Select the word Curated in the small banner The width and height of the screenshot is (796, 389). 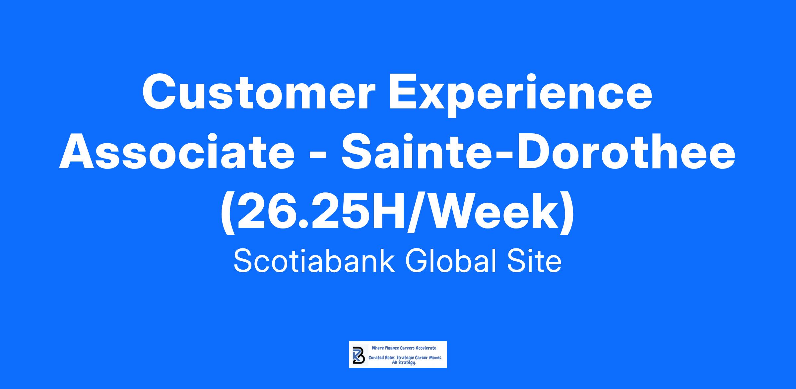(376, 358)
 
